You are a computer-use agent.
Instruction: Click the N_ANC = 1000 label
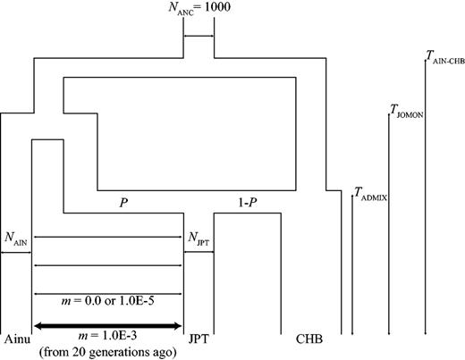point(199,12)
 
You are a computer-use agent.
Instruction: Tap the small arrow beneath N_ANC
point(199,37)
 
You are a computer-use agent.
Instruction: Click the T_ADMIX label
point(376,191)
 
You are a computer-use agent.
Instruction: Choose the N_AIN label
point(17,239)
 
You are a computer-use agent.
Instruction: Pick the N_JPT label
point(198,239)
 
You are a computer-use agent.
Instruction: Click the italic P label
point(123,203)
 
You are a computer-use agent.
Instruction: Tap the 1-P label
point(246,203)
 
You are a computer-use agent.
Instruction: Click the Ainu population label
point(17,340)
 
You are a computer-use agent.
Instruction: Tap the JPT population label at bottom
point(199,340)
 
